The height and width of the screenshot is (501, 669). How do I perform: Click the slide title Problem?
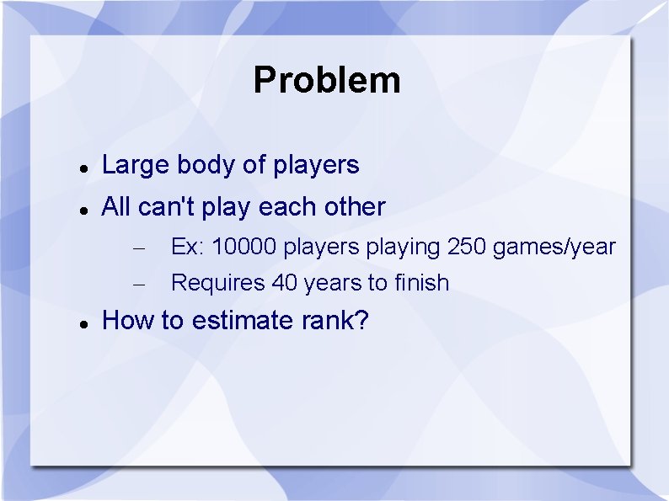(x=326, y=81)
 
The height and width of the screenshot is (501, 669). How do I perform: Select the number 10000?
(x=244, y=248)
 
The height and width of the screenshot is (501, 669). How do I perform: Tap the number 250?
(x=466, y=248)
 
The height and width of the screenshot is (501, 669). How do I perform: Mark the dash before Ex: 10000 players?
(x=141, y=249)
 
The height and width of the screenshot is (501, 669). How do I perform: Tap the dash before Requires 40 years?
(x=141, y=285)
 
